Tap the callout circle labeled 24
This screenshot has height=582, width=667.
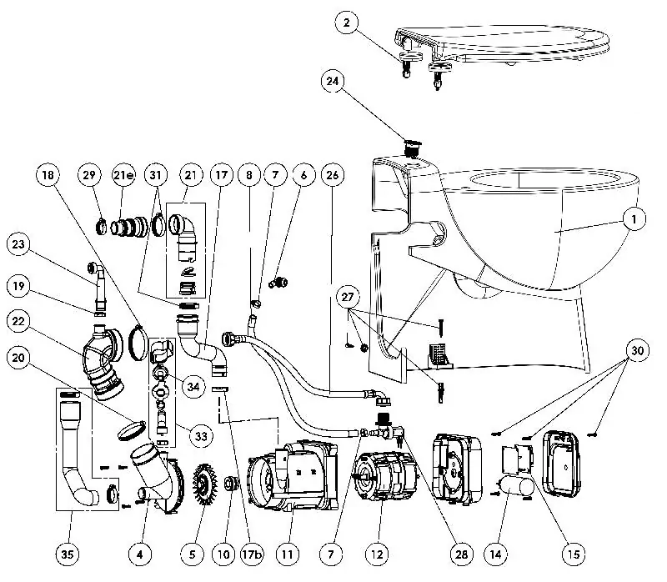pos(332,81)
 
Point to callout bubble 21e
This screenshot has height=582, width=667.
pos(124,176)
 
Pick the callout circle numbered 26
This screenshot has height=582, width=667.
pos(332,176)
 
